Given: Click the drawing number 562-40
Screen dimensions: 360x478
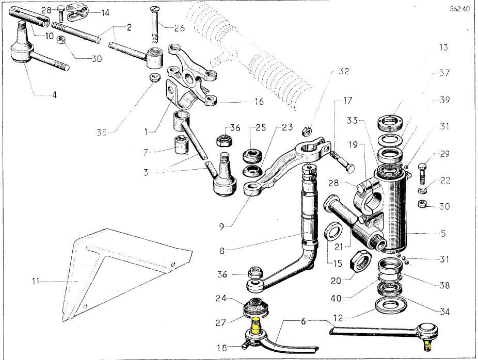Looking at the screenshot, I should [459, 9].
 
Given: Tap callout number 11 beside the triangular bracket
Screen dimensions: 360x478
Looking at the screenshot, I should [35, 282].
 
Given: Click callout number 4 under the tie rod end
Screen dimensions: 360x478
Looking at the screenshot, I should [53, 95].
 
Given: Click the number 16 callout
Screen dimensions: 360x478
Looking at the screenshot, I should [258, 102].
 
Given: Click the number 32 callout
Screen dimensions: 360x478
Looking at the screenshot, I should [343, 71].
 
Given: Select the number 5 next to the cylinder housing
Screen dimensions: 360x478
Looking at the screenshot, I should [443, 233].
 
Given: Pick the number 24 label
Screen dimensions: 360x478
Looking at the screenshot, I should [220, 298].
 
